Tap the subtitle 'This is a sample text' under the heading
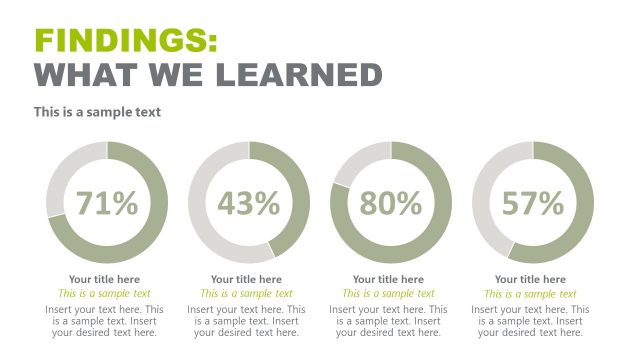[x=97, y=112]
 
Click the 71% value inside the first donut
[x=107, y=203]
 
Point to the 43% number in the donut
[x=249, y=203]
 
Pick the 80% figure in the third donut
[x=391, y=203]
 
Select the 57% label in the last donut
[x=533, y=203]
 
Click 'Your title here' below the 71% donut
[x=104, y=279]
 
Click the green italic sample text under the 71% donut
[x=104, y=294]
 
